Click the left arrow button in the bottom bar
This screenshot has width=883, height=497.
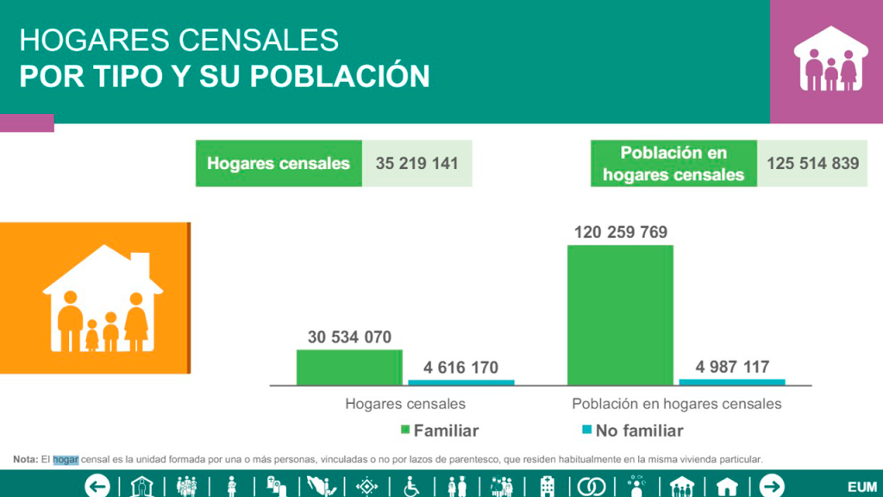pos(97,486)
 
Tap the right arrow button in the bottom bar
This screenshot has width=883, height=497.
pos(772,486)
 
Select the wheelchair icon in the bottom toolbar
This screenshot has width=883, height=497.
pos(412,487)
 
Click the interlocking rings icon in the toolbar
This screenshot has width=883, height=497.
pos(591,487)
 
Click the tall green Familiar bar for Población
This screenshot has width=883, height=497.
pos(620,314)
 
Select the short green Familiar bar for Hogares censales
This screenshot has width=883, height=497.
pos(349,367)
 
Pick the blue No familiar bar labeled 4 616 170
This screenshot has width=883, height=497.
pos(461,382)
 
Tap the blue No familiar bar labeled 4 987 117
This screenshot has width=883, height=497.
pos(732,381)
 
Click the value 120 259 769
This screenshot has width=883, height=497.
pos(620,232)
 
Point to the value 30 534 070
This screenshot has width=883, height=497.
pos(349,337)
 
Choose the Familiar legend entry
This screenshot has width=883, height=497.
pos(439,431)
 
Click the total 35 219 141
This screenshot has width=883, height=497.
pos(416,163)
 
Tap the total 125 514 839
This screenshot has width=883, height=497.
pos(812,163)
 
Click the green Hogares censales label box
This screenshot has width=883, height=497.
pos(279,163)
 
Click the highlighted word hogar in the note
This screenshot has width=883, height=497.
pos(66,459)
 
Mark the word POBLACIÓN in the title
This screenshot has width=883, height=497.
pos(339,76)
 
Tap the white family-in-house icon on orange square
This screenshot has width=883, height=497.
pos(103,299)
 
